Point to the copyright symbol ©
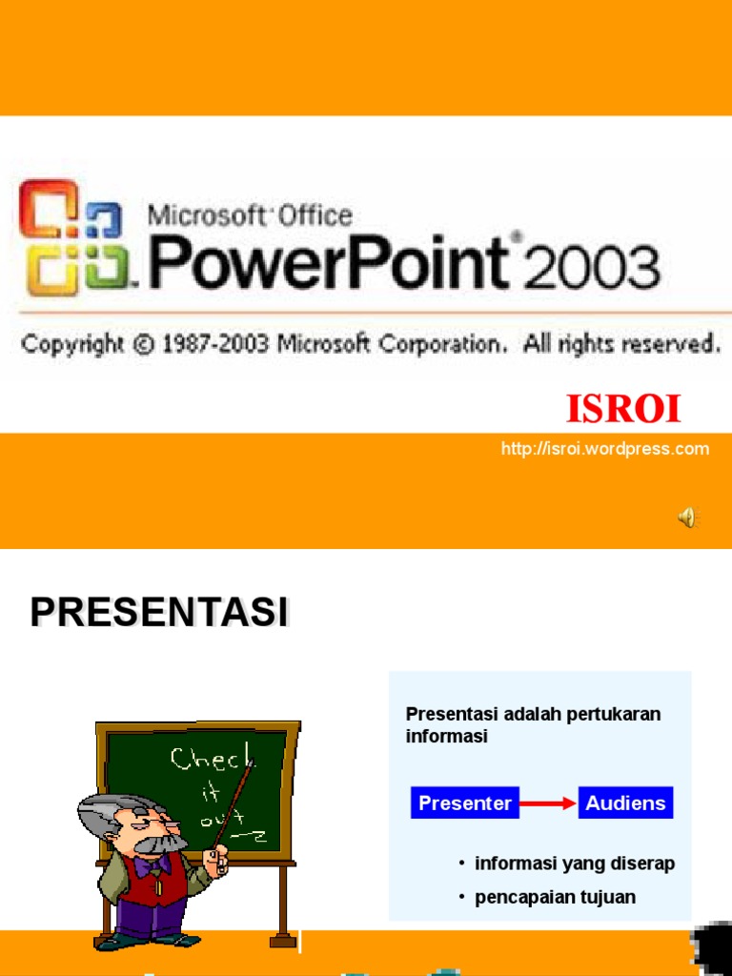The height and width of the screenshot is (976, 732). pos(143,344)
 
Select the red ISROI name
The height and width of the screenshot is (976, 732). pos(623,409)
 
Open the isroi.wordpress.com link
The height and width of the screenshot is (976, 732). pos(605,449)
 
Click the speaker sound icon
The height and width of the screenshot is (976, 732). pos(686,518)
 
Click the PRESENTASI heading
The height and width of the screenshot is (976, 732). pos(159,613)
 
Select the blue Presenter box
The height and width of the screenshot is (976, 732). pos(465,803)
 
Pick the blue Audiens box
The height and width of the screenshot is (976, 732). pos(625,803)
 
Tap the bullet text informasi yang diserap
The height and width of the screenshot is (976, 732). pos(574,864)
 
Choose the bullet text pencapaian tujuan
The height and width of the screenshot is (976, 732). pos(555,897)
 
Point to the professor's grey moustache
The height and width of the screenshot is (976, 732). pos(160,844)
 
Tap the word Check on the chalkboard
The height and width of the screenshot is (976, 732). pos(212,760)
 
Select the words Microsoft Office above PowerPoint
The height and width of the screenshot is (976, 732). pos(250,216)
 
